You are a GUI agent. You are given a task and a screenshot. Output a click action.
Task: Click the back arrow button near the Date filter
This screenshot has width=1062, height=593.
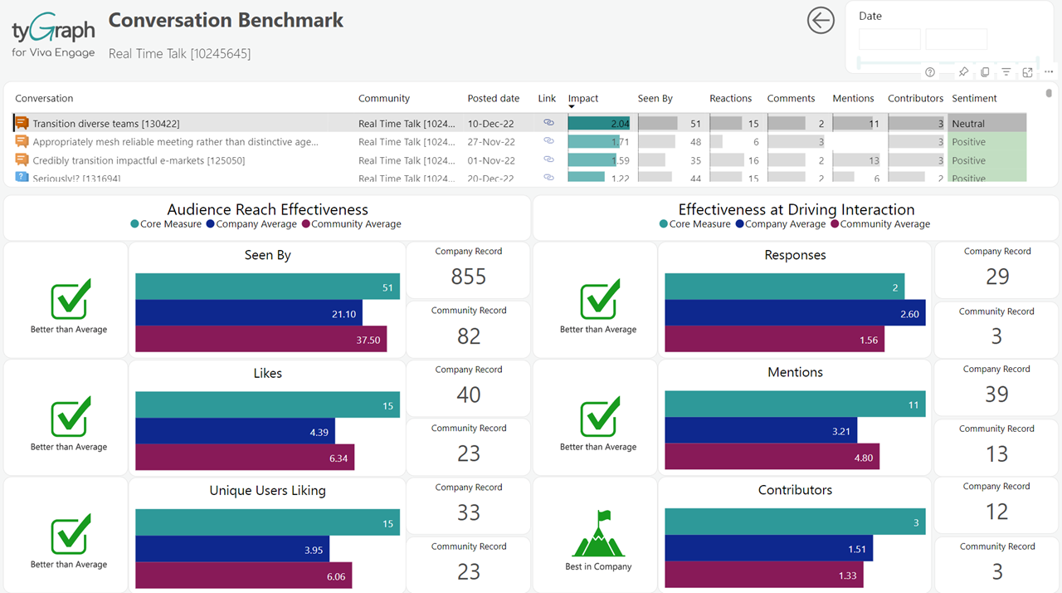(821, 21)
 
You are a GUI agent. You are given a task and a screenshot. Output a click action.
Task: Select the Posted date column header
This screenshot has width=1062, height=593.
(493, 98)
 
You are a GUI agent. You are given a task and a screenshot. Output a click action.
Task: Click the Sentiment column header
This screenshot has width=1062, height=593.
(974, 98)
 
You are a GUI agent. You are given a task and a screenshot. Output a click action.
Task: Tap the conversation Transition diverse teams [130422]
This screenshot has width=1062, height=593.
(105, 124)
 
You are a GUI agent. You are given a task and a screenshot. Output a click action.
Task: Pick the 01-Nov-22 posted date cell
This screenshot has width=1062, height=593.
(490, 160)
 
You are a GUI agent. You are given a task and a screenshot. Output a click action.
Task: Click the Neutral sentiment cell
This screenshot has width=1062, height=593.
(968, 124)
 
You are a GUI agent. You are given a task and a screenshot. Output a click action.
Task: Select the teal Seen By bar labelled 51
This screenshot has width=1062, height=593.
(267, 287)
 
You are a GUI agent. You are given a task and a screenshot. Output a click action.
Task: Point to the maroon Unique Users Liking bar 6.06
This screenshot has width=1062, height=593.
(243, 576)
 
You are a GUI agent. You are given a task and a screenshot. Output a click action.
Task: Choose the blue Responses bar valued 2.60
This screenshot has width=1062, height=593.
(795, 313)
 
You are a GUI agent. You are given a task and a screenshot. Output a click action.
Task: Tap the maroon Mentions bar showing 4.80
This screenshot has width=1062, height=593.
(772, 456)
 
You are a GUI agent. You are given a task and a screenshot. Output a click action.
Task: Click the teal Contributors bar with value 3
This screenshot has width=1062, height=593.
(795, 522)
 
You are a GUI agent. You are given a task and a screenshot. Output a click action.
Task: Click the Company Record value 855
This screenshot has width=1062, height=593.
(469, 277)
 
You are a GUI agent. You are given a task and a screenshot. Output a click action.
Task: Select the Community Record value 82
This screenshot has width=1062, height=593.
(469, 336)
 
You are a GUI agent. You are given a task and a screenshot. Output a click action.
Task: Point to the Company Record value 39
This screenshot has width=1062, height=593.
(996, 395)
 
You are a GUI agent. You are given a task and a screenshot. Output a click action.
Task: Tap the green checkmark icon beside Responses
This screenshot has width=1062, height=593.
(599, 300)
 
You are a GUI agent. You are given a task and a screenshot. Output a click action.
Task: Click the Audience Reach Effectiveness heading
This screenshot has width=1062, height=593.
(267, 210)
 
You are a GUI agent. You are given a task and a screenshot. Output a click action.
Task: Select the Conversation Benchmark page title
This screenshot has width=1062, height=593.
(226, 21)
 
